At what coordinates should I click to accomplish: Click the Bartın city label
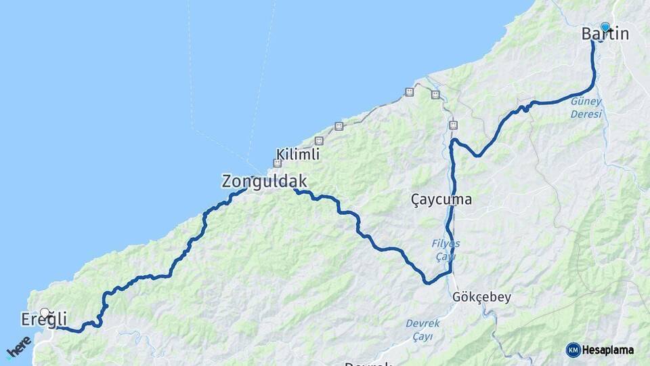pyautogui.click(x=605, y=34)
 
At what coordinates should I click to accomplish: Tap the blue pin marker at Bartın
pyautogui.click(x=605, y=27)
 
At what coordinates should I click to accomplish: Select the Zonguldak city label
pyautogui.click(x=264, y=182)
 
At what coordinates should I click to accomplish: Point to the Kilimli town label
pyautogui.click(x=298, y=155)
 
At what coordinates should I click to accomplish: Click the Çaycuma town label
pyautogui.click(x=441, y=200)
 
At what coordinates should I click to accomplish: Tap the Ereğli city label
pyautogui.click(x=43, y=320)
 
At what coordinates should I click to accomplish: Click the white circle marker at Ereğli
pyautogui.click(x=45, y=312)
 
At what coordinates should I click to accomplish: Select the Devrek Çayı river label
pyautogui.click(x=422, y=329)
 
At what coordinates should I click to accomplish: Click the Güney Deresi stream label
pyautogui.click(x=586, y=108)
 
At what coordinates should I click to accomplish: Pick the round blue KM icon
pyautogui.click(x=573, y=350)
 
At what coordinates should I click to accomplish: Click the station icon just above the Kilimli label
pyautogui.click(x=319, y=141)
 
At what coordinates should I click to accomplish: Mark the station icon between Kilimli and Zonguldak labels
pyautogui.click(x=277, y=163)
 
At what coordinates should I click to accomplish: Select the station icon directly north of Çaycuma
pyautogui.click(x=453, y=125)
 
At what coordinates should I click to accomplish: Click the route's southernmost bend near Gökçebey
pyautogui.click(x=427, y=282)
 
